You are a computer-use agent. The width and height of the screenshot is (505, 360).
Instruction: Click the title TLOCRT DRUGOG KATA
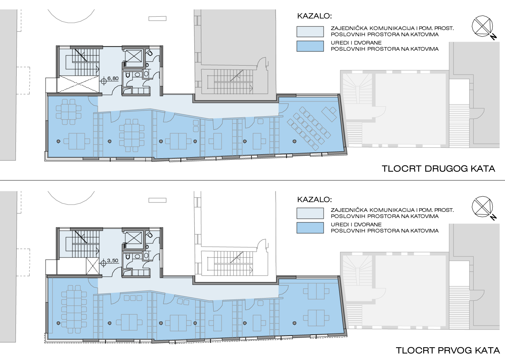[438, 169]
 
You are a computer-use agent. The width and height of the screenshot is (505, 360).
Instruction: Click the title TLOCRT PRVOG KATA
[448, 350]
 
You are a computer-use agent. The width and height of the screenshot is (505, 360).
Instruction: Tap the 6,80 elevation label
[113, 79]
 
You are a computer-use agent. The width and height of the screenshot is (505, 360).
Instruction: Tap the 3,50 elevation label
[113, 260]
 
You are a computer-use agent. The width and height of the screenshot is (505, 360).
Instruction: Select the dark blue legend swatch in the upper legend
[310, 46]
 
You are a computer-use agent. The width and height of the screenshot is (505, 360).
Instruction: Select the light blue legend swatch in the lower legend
[310, 213]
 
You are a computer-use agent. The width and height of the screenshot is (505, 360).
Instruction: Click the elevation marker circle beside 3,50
[104, 263]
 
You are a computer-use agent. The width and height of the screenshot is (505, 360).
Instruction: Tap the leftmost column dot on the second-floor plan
[58, 141]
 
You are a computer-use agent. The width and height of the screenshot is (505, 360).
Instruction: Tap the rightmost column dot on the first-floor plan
[294, 323]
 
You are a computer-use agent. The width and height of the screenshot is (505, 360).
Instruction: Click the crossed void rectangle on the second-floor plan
[78, 84]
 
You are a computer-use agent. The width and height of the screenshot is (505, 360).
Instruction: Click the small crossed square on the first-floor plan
[92, 266]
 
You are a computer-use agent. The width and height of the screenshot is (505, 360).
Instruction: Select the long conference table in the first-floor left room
[74, 309]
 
